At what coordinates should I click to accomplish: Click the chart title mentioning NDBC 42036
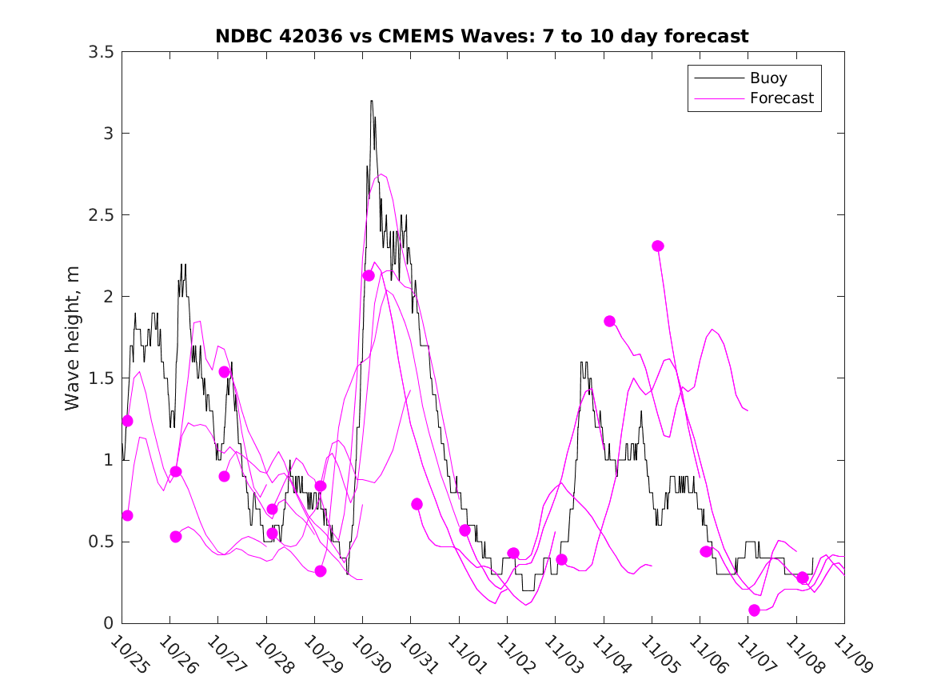point(482,36)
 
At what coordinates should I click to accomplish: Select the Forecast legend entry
point(781,98)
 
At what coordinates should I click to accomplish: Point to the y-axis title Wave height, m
point(73,337)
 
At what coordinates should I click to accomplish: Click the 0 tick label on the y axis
point(107,623)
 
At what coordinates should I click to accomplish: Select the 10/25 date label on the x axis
point(130,655)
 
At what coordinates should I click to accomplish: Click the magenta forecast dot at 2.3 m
point(658,246)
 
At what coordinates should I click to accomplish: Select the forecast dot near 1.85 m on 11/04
point(609,321)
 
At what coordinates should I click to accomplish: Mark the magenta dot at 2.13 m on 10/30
point(369,275)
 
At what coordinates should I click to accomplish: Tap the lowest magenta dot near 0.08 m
point(754,610)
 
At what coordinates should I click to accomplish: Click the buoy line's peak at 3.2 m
point(372,101)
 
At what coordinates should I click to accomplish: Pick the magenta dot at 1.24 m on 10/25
point(127,421)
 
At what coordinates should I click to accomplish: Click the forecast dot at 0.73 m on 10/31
point(417,504)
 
